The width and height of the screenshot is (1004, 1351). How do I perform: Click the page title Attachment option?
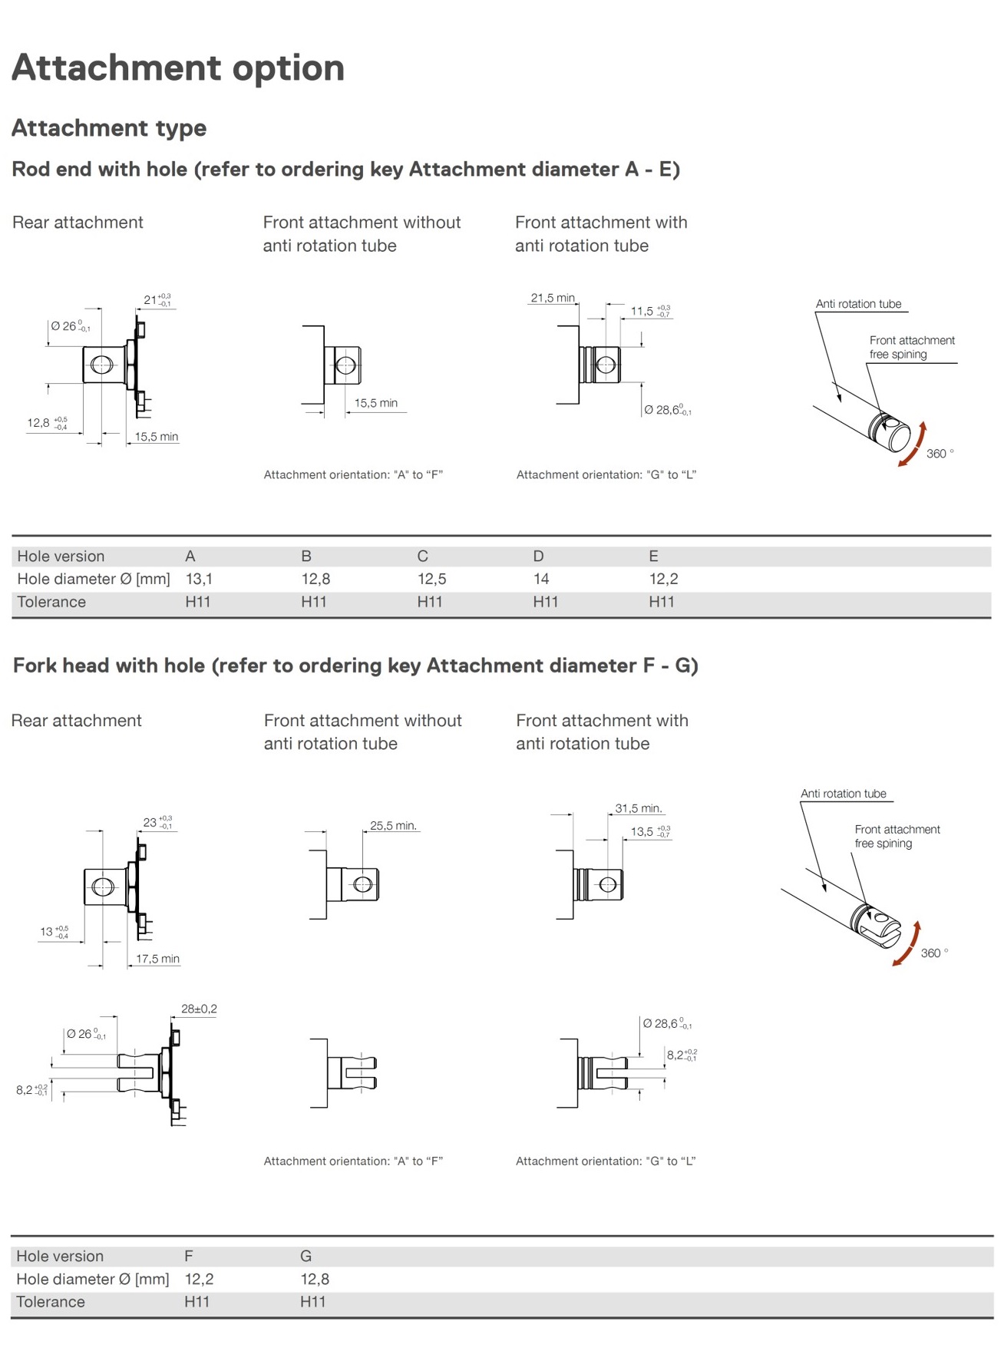177,68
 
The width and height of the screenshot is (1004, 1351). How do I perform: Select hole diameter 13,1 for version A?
199,579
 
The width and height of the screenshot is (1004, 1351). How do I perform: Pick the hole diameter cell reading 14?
541,579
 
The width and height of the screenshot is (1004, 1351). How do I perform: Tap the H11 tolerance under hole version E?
662,602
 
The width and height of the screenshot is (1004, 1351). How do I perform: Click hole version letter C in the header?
422,556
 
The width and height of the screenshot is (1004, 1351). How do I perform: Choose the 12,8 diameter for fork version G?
315,1279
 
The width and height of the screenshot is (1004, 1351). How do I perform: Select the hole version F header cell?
189,1256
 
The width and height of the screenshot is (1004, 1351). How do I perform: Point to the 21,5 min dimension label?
553,298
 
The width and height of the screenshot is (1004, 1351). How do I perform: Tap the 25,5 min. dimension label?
393,826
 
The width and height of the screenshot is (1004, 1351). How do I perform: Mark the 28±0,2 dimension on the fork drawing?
199,1009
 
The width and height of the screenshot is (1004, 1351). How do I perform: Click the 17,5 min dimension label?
157,959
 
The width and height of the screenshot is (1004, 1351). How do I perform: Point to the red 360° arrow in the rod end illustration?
913,445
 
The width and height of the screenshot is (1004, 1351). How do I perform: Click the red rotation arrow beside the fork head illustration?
907,945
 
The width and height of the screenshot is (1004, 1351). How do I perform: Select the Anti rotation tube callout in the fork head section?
843,794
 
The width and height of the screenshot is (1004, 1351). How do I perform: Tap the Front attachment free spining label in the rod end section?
911,347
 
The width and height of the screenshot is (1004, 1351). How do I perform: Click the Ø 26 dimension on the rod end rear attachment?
70,326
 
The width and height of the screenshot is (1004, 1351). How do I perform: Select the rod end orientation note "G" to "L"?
606,474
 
